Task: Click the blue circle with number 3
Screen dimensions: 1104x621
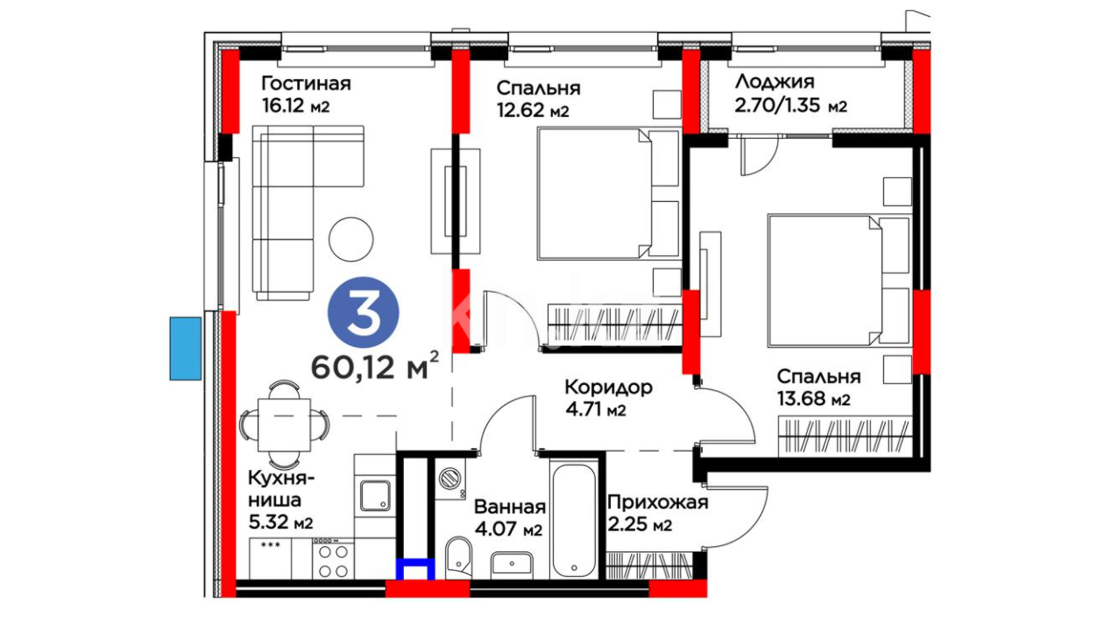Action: tap(363, 313)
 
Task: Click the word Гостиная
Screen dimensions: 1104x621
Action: tap(306, 83)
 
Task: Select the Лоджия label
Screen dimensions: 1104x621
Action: tap(775, 82)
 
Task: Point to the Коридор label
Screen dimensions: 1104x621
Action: tap(608, 387)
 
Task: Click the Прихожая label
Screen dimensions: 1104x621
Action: tap(658, 503)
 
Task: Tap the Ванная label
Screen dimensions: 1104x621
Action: tap(510, 507)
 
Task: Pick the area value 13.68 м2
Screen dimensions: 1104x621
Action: tap(814, 398)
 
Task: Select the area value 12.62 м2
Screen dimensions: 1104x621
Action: tap(533, 110)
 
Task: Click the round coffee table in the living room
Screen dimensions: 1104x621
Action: tap(351, 239)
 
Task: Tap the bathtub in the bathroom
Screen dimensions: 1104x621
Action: tap(573, 520)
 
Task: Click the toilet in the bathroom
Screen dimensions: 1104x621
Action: tap(458, 557)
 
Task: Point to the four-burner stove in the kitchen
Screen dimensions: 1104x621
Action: tap(333, 558)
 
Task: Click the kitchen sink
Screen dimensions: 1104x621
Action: tap(375, 496)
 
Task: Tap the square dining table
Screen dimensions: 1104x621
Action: tap(285, 425)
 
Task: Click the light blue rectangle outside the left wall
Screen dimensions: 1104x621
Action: tap(186, 348)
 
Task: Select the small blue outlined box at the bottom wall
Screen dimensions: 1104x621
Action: tap(415, 569)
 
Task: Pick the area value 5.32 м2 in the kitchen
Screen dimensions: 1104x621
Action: tap(281, 522)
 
